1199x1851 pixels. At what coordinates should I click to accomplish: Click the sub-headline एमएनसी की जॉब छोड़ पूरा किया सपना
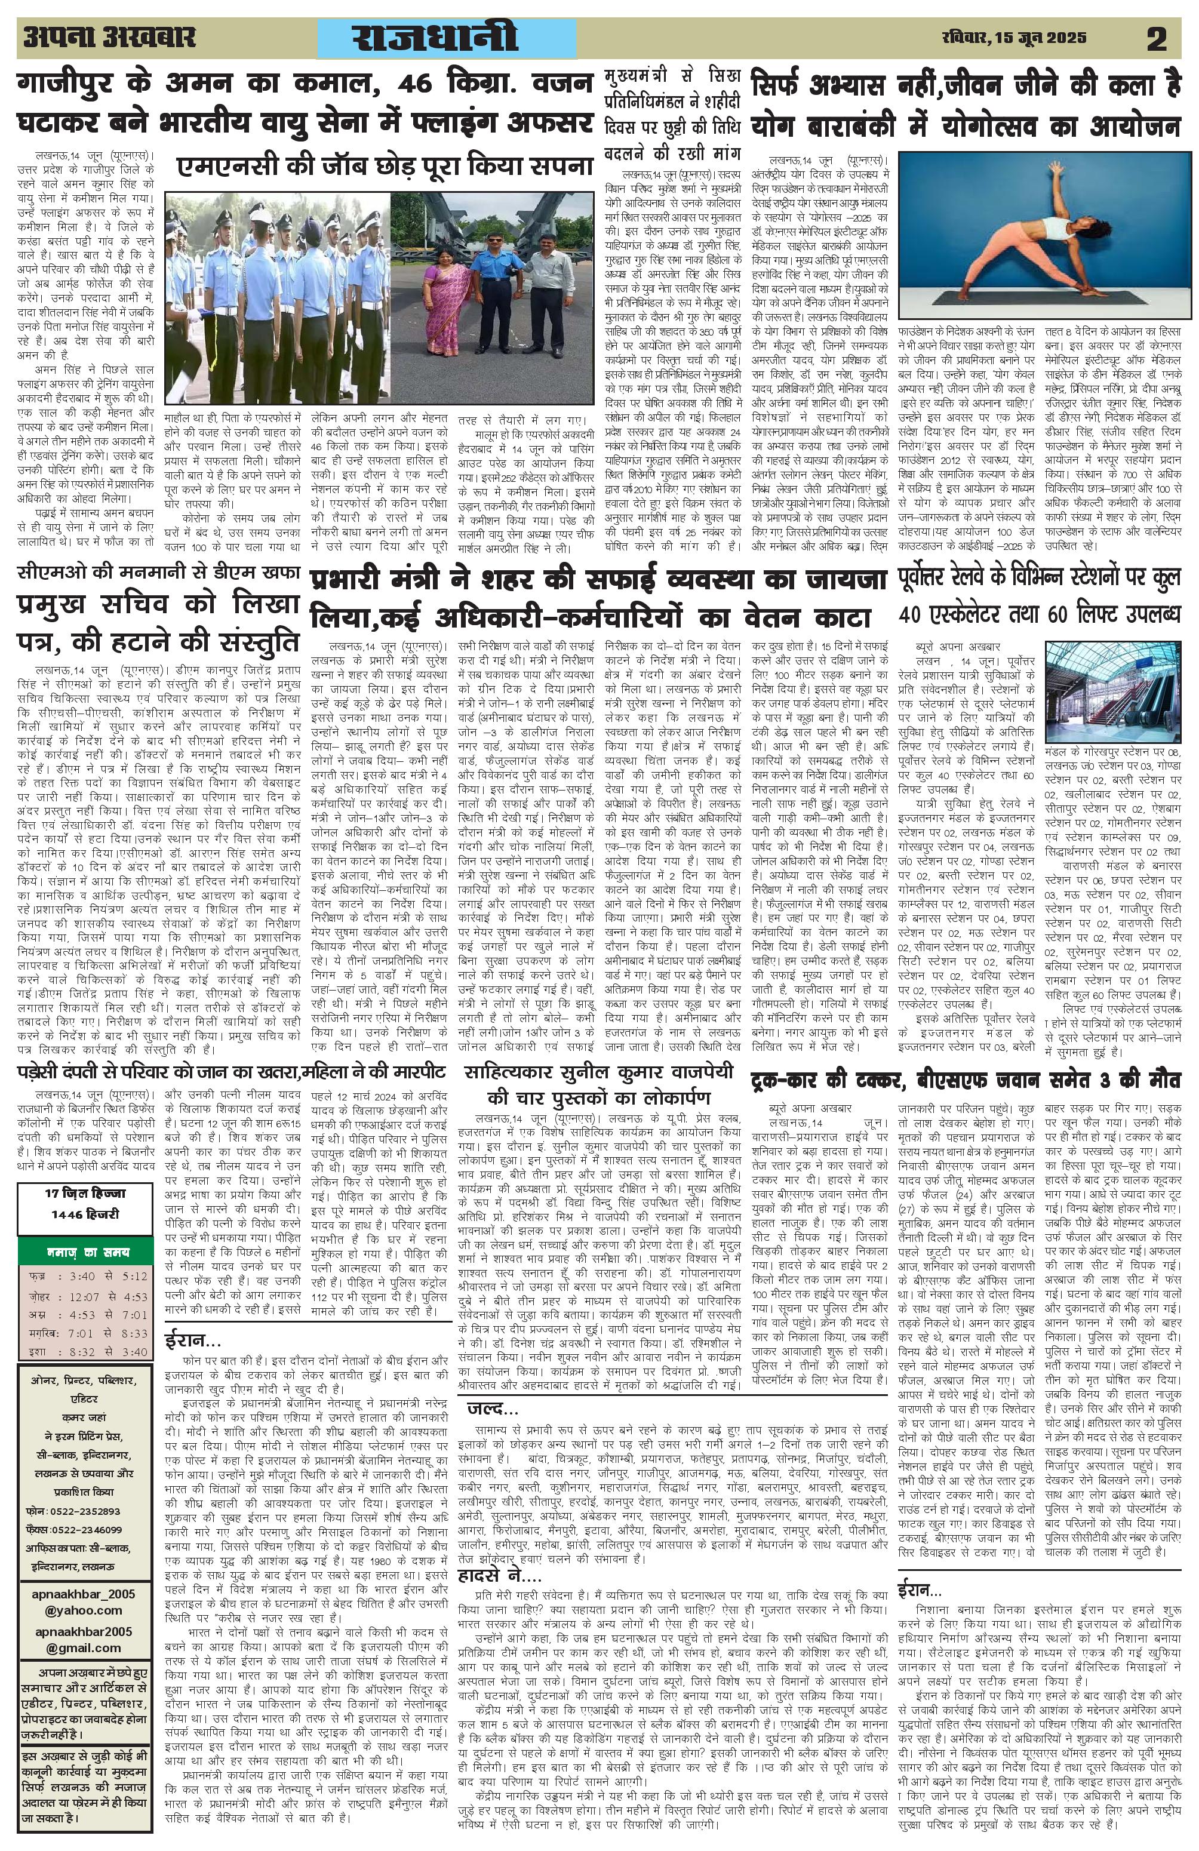(384, 167)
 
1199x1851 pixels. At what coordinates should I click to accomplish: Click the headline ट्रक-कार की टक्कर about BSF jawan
(965, 1081)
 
